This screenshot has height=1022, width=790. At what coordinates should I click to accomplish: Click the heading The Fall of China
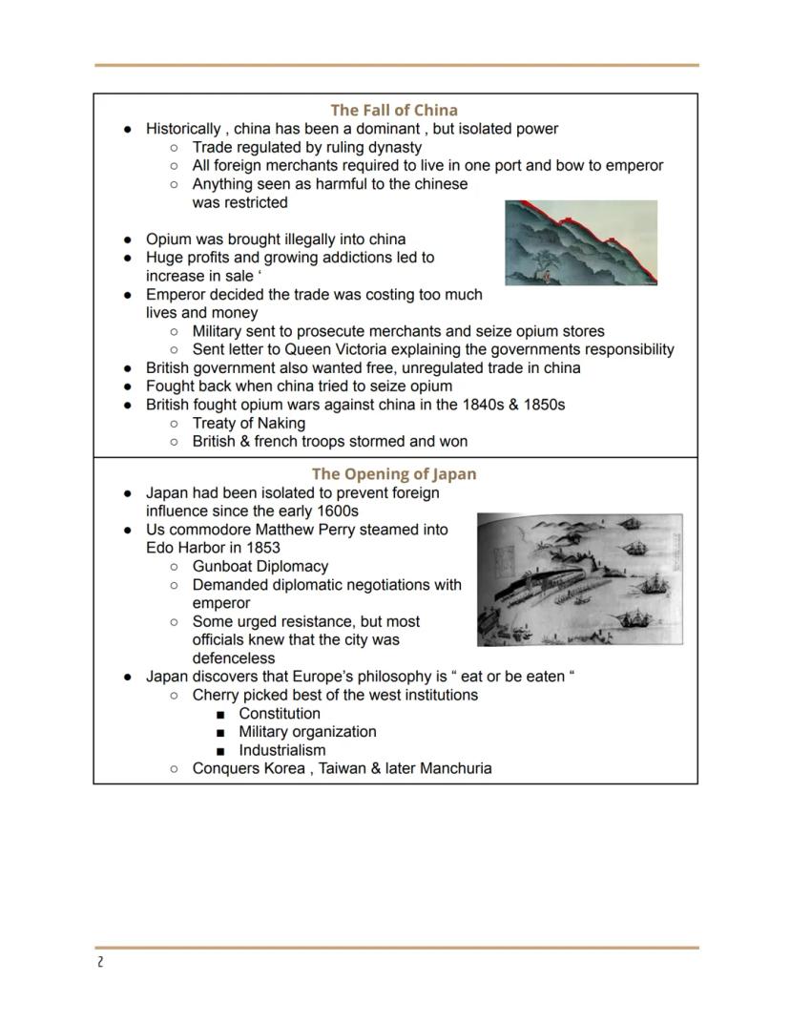coord(394,110)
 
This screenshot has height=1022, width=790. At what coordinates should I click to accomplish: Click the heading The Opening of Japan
coord(394,474)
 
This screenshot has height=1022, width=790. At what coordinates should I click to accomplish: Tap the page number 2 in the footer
coord(99,962)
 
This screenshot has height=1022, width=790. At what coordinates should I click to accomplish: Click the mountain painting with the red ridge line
coord(580,243)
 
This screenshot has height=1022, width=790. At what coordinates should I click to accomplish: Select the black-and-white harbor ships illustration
coord(579,579)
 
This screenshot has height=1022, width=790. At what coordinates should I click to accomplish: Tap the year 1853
coord(262,548)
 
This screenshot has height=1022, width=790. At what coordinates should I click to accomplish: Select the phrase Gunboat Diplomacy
coord(260,566)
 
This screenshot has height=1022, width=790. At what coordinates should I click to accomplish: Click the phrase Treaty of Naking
coord(248,423)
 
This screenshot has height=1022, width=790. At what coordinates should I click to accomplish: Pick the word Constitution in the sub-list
coord(280,714)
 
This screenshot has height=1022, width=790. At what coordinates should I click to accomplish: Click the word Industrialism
coord(281,750)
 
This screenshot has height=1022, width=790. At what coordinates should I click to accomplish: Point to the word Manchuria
coord(455,768)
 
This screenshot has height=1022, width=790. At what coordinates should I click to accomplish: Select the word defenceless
coord(233,658)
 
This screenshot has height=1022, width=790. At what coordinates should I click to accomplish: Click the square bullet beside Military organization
coord(220,733)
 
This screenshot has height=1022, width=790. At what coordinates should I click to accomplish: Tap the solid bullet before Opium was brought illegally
coord(128,240)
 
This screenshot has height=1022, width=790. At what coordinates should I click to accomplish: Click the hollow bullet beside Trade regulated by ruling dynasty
coord(174,148)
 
